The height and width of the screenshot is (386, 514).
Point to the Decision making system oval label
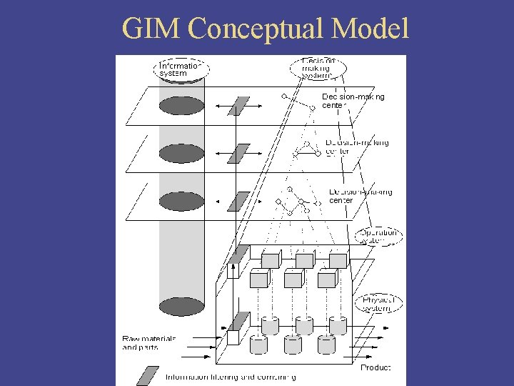[318, 68]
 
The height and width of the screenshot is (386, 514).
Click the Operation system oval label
[378, 236]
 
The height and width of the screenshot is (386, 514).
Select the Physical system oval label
[378, 303]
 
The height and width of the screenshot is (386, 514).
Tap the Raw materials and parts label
[148, 342]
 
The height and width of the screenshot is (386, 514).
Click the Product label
[375, 367]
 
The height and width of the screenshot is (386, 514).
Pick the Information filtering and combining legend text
[230, 377]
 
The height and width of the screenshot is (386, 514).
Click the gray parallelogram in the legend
[148, 375]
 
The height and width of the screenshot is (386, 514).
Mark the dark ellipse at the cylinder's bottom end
[181, 307]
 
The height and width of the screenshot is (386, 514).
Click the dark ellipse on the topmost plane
[181, 106]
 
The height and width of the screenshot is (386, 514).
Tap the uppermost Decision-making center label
[353, 101]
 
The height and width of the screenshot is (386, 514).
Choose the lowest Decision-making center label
[360, 196]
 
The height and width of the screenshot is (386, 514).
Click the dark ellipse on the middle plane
[181, 153]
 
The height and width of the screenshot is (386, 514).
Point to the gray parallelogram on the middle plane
[239, 153]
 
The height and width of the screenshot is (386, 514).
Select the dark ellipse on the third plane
[181, 201]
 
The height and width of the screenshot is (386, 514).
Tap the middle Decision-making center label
[356, 147]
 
